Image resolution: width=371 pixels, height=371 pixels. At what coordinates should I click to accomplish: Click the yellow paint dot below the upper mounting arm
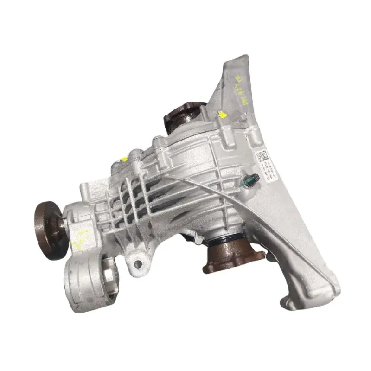[x=223, y=114]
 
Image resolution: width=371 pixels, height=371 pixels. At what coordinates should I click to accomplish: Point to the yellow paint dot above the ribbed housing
[x=125, y=160]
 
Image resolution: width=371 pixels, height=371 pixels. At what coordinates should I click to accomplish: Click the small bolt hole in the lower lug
[x=137, y=264]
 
